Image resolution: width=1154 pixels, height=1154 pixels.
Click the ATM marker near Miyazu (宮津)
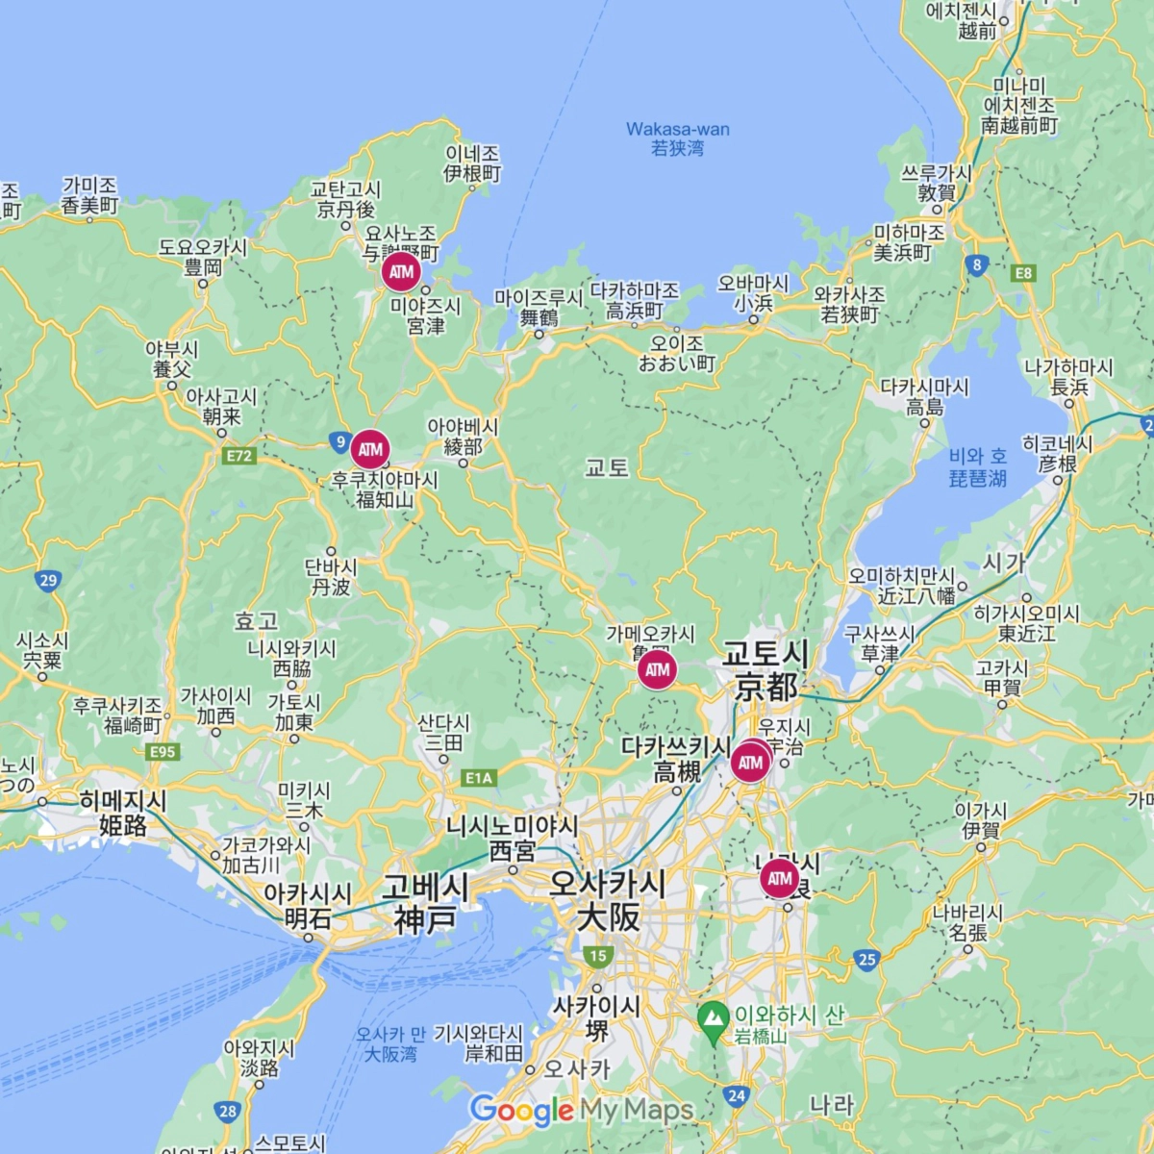point(401,272)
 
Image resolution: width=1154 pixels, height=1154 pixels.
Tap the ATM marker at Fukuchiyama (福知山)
point(370,449)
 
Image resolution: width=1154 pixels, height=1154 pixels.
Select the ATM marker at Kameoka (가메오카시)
point(657,670)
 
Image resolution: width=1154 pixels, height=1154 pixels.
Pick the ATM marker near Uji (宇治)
point(750,764)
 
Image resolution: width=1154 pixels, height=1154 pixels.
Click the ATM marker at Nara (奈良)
point(780,878)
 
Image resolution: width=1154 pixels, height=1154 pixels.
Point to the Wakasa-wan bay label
point(678,138)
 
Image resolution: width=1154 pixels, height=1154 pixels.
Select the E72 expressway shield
point(239,456)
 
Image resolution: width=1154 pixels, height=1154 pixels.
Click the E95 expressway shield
point(163,752)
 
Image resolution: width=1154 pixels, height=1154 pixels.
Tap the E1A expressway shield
point(478,778)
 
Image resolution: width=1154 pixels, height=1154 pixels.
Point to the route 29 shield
point(48,580)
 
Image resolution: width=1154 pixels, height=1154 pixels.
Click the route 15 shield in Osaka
point(598,956)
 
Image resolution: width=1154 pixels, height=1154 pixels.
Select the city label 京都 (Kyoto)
point(766,687)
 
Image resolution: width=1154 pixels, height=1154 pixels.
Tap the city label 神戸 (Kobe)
point(424,919)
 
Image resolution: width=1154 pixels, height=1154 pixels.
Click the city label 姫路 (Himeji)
point(123,825)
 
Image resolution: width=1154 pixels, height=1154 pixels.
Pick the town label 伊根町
point(472,174)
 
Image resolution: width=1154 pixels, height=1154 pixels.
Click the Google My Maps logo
point(581,1111)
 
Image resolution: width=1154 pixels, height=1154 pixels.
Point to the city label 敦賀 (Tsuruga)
point(936,193)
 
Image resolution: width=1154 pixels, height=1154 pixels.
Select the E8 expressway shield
point(1023,273)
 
